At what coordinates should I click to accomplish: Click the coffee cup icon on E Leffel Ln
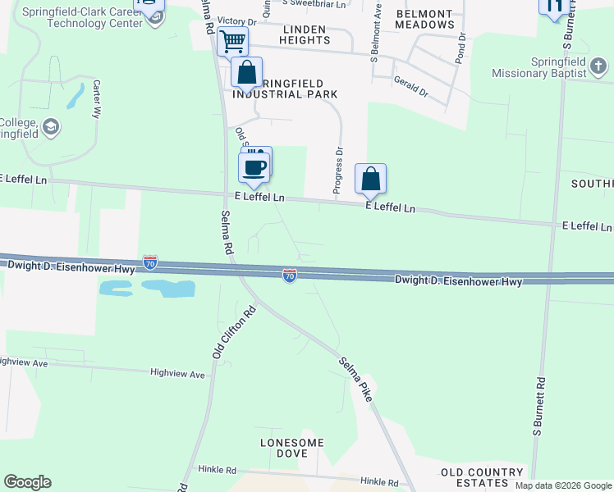254,167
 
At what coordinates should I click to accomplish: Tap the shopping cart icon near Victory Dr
233,40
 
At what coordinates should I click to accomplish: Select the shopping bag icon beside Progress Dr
370,179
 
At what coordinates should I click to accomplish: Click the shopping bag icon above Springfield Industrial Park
246,73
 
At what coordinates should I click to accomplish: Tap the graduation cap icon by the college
52,126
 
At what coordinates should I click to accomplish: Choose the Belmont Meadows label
424,20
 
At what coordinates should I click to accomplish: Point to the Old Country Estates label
482,478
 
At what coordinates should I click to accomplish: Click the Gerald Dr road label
411,88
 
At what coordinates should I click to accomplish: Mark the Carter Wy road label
96,99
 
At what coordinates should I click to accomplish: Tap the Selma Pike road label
355,378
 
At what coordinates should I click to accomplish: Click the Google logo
27,482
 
